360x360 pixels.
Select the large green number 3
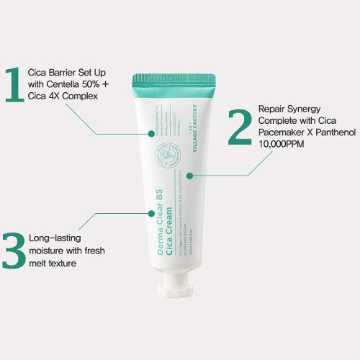coord(14,249)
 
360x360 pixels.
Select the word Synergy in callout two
coord(305,108)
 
